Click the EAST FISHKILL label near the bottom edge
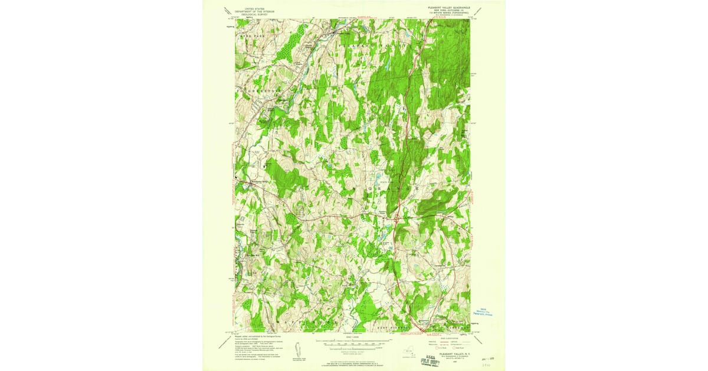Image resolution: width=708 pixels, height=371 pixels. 389,325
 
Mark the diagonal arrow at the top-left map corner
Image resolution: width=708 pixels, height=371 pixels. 227,10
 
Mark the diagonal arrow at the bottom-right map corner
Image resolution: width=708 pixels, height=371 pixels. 479,334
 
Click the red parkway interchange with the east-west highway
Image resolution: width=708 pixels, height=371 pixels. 395,218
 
